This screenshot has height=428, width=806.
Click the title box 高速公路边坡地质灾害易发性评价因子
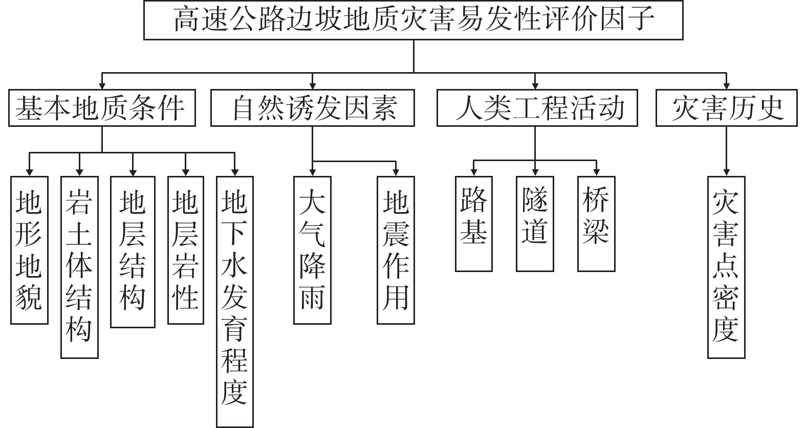(x=413, y=20)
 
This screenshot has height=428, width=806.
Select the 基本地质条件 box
(x=102, y=108)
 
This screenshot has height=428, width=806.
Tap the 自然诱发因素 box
(x=312, y=108)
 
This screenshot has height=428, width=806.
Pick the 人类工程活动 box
(x=537, y=108)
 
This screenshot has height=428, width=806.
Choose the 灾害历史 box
(x=726, y=108)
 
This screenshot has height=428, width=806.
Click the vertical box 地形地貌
(x=29, y=250)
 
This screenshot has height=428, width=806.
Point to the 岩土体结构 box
(x=79, y=267)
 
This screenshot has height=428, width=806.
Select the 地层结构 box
(x=133, y=252)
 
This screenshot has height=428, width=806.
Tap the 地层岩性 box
(x=185, y=250)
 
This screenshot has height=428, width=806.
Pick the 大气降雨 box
(x=312, y=250)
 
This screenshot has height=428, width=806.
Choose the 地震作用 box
(x=396, y=250)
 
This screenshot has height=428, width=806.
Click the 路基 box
(x=473, y=223)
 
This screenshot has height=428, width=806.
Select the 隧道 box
(x=535, y=223)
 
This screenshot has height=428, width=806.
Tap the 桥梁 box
(x=596, y=223)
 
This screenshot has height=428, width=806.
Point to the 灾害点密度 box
(x=726, y=267)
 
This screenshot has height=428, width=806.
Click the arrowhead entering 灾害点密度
(x=726, y=172)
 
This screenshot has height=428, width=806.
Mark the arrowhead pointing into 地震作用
(x=396, y=172)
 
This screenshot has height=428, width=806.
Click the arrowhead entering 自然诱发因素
(x=312, y=85)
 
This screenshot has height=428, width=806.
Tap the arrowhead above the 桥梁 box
(x=596, y=172)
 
